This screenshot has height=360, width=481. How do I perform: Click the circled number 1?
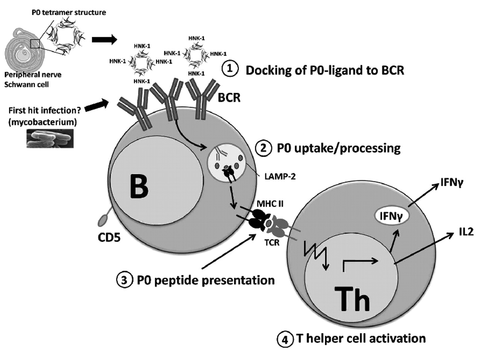click(230, 69)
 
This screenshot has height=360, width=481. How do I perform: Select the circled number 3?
click(125, 280)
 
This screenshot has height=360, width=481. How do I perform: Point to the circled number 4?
click(284, 339)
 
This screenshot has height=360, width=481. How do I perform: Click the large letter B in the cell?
click(139, 186)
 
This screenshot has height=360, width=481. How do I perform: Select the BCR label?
click(229, 98)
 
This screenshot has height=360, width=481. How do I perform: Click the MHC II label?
click(270, 204)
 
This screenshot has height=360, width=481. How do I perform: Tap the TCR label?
click(272, 243)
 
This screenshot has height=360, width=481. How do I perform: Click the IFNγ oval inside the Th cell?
click(391, 216)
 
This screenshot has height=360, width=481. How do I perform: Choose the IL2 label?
click(466, 232)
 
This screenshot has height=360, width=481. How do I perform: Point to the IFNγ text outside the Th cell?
click(452, 183)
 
